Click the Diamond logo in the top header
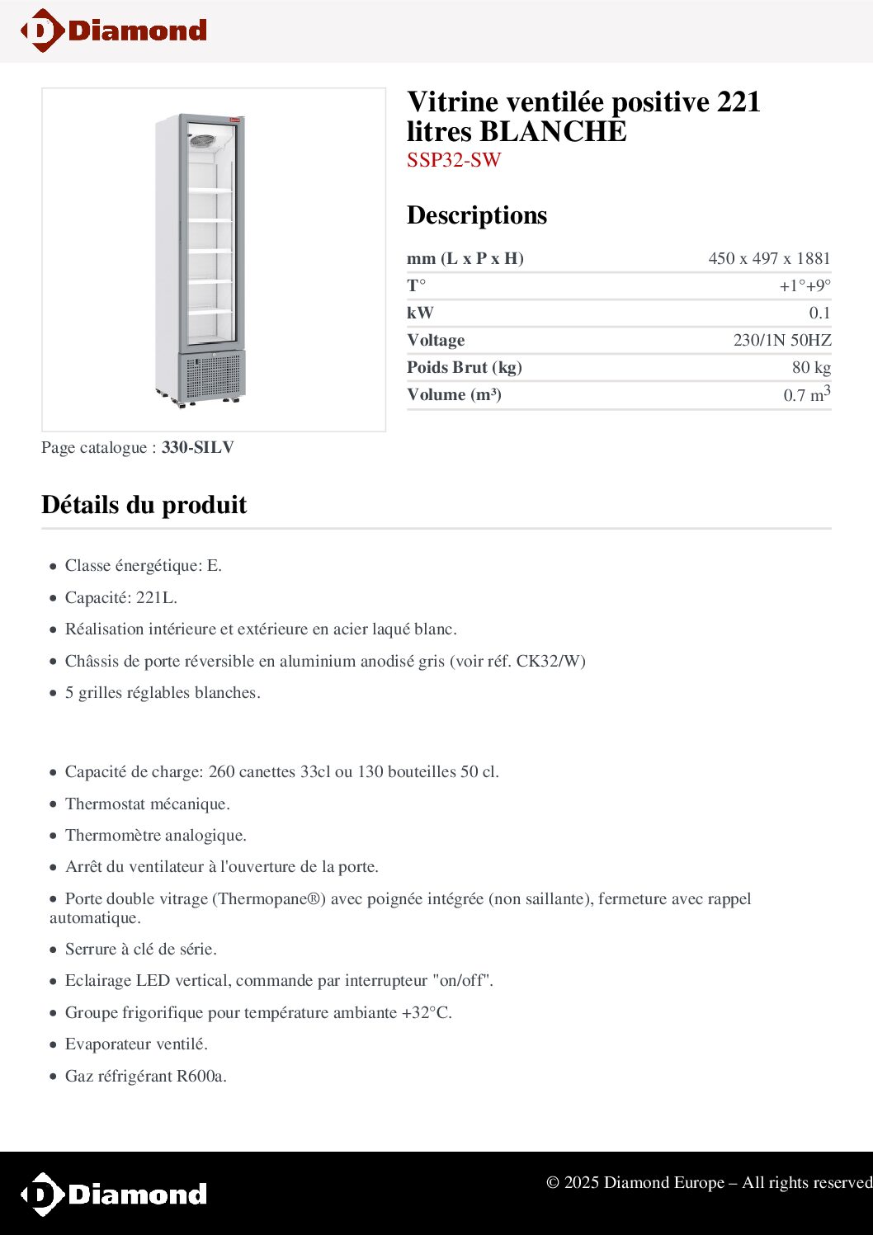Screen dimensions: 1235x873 click(x=114, y=31)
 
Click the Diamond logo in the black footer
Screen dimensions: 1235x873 click(x=114, y=1194)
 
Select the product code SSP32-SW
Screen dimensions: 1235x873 click(x=454, y=160)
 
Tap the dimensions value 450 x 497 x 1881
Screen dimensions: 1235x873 click(x=769, y=258)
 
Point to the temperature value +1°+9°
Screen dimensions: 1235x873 click(x=805, y=285)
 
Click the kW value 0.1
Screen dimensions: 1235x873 click(x=819, y=313)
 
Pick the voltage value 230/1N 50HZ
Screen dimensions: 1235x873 click(x=782, y=340)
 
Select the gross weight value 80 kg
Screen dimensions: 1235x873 click(x=811, y=367)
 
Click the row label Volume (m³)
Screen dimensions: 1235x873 click(x=454, y=394)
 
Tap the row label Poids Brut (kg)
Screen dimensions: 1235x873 click(x=464, y=367)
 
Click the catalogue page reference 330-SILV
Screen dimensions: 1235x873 click(x=198, y=447)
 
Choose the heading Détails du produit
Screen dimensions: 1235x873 click(x=144, y=504)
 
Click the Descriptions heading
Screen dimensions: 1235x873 click(x=477, y=214)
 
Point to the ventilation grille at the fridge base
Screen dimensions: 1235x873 click(x=211, y=376)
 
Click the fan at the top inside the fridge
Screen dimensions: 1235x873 click(x=202, y=141)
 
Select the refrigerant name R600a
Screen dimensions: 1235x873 click(x=201, y=1076)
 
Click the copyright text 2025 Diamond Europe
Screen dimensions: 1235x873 click(x=644, y=1182)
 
